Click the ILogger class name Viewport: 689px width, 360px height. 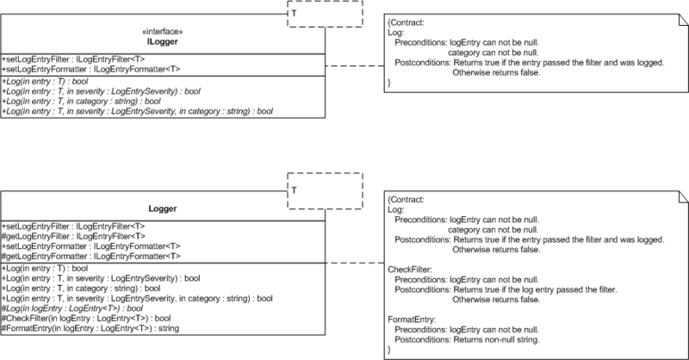163,41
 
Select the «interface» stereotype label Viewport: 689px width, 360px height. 163,32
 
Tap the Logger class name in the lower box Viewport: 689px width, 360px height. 163,208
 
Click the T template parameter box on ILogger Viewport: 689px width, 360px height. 326,14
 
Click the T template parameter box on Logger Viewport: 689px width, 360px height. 326,191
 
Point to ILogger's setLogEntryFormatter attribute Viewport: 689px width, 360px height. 91,69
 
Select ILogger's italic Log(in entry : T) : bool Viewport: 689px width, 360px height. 45,81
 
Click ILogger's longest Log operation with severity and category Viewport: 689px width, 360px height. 138,111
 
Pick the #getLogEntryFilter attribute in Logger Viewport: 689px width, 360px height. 73,236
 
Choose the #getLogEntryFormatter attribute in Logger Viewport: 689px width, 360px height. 91,257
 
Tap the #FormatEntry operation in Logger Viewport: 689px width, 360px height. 90,328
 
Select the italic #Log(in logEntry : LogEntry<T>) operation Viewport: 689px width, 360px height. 72,308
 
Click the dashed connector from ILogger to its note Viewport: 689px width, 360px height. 355,66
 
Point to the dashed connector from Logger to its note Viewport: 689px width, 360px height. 355,263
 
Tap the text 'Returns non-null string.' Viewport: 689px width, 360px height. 496,339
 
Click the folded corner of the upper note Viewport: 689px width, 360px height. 684,19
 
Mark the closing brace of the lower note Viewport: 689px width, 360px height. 389,350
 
